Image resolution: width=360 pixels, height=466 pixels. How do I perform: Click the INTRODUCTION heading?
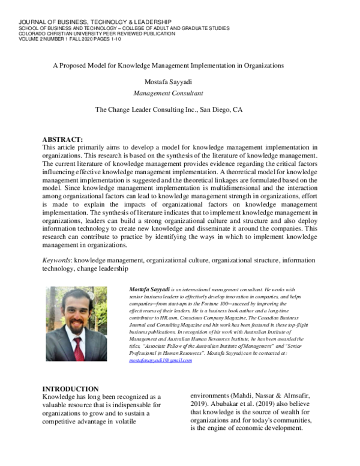pos(70,389)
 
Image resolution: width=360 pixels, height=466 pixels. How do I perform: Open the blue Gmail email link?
pos(160,360)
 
